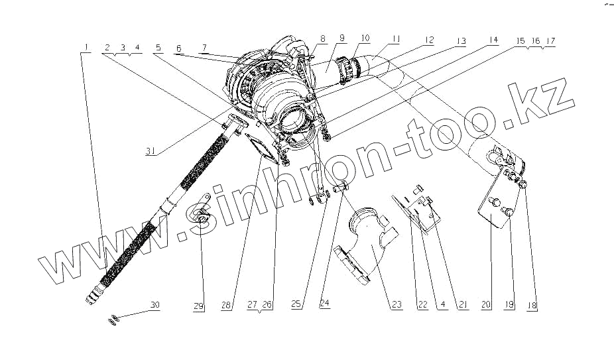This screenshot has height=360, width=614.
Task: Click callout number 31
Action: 151,151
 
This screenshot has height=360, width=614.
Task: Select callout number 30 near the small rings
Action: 155,305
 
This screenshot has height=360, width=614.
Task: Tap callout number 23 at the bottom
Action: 397,305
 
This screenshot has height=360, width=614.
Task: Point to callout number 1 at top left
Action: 86,47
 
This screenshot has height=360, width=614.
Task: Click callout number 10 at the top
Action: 365,38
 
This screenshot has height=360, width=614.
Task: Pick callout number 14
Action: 493,40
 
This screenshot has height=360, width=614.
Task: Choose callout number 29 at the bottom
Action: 198,306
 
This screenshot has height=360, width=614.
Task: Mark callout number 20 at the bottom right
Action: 485,305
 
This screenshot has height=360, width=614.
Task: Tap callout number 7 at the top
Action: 204,48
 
